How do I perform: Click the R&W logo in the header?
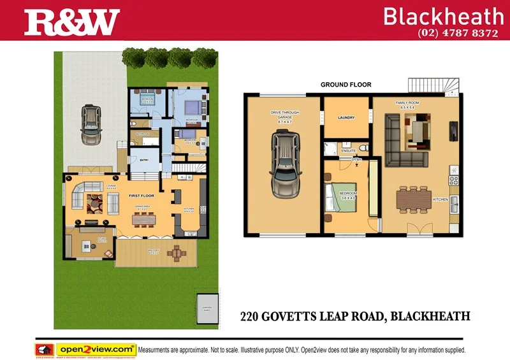click(72, 22)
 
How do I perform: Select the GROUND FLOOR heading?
click(346, 85)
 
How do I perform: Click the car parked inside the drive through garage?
click(284, 164)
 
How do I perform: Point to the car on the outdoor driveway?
click(92, 125)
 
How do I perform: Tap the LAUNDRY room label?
click(346, 118)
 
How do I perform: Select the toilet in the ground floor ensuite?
click(362, 148)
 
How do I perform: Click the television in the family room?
click(453, 131)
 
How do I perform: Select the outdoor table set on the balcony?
click(177, 253)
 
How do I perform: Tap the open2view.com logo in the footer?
click(96, 349)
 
